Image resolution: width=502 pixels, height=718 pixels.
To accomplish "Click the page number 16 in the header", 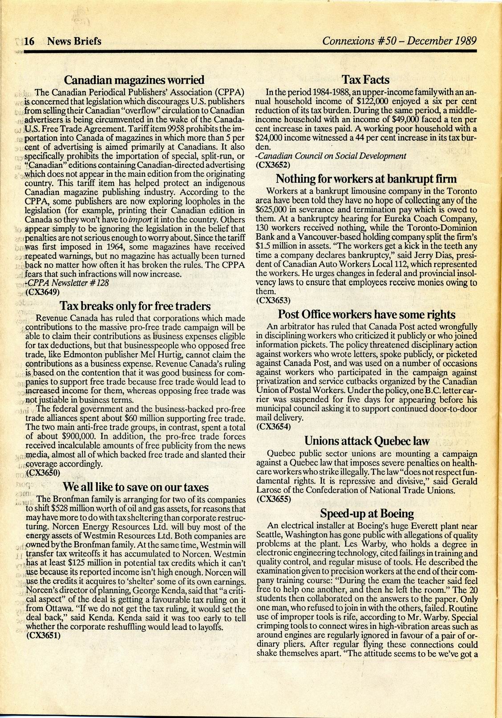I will coord(29,41).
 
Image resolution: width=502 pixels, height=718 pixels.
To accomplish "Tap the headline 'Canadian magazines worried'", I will coord(134,80).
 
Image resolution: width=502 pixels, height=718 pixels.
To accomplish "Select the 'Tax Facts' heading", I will coord(365,80).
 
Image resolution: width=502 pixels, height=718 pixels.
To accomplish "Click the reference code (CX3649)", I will coord(43,292).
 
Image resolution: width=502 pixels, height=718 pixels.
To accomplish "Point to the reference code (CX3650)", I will coord(43,472).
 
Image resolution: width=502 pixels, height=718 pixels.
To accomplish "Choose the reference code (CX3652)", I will coord(274,164).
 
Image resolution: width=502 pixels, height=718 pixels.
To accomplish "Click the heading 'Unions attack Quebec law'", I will coord(367,441).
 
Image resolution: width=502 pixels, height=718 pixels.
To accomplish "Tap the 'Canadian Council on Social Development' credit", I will coord(332,156).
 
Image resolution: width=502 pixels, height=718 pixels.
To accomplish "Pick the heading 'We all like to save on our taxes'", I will coord(135,486).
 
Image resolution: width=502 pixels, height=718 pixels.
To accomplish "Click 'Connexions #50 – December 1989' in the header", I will coord(400,41).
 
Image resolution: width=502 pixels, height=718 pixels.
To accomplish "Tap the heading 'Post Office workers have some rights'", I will coord(367,314).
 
